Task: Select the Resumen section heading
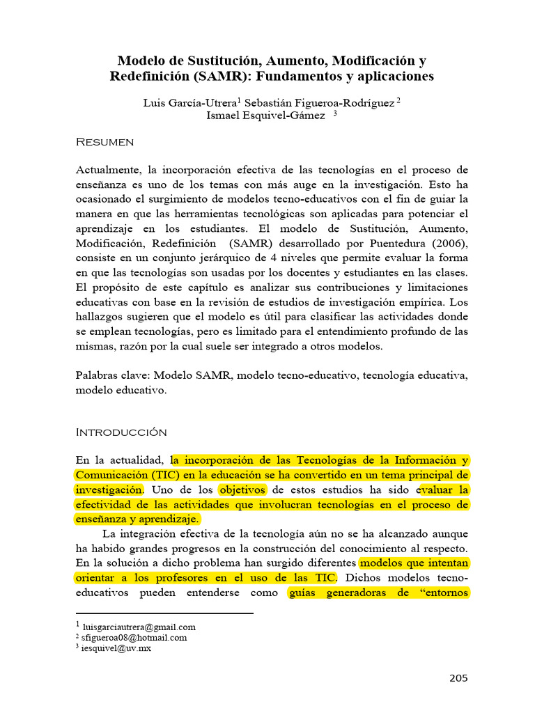(104, 142)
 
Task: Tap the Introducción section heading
(121, 432)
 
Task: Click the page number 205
(458, 679)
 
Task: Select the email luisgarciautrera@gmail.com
(139, 627)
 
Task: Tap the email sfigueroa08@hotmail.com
(134, 637)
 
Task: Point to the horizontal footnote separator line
(164, 613)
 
